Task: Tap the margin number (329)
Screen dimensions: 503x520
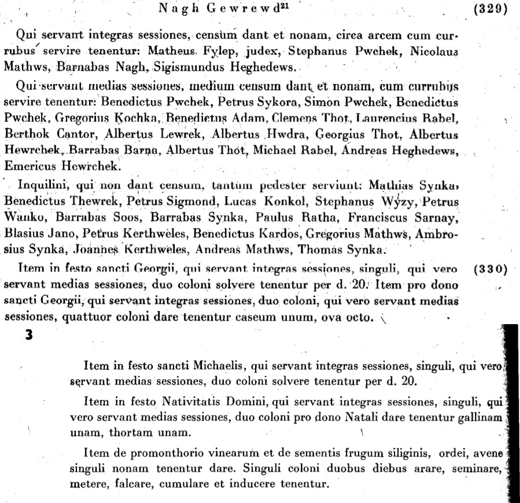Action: [x=490, y=9]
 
